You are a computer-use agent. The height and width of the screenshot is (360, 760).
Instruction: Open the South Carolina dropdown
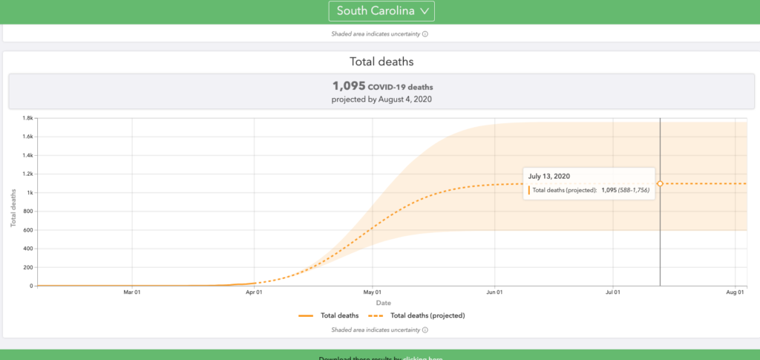[381, 11]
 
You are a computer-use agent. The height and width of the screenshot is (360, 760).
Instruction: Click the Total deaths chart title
[381, 63]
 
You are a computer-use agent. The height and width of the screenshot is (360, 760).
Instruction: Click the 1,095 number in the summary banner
[349, 86]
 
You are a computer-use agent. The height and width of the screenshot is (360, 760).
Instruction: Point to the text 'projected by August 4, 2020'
[381, 99]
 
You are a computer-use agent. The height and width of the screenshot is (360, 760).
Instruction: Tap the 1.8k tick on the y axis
[27, 118]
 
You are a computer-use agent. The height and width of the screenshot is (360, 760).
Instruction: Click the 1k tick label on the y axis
[29, 193]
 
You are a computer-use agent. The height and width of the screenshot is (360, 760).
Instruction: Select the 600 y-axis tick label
[27, 230]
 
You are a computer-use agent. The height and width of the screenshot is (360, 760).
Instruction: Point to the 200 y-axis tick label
[27, 267]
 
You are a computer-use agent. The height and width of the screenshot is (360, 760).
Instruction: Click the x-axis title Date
[384, 303]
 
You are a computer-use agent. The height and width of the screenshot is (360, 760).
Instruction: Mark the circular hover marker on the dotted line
[660, 183]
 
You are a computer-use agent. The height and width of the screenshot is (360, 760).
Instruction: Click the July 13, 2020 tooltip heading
[550, 176]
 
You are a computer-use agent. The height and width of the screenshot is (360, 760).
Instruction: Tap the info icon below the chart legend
[426, 330]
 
